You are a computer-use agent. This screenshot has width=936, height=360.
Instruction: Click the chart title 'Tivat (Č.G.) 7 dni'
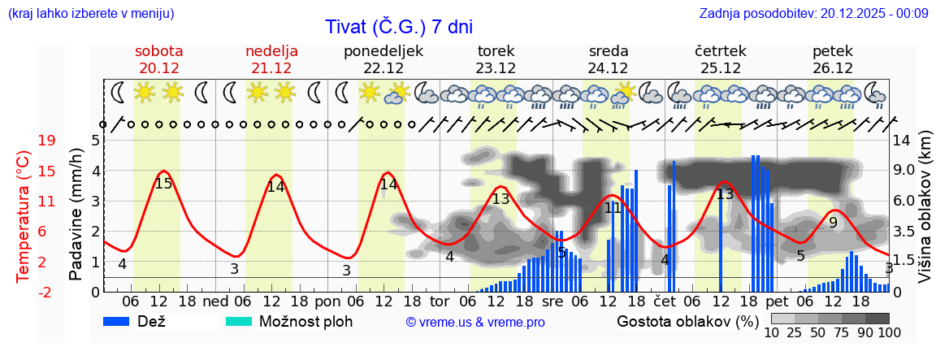pos(398,26)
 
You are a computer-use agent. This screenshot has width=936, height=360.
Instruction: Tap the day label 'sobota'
pos(159,51)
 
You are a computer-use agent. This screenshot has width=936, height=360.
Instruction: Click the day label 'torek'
pos(496,51)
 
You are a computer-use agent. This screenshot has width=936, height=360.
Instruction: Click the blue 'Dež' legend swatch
pos(122,321)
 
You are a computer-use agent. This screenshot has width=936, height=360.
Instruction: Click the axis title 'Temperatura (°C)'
pos(24,216)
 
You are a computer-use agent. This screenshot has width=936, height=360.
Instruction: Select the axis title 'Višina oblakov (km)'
pos(924,215)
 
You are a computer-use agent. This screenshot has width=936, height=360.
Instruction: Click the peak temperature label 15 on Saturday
pos(163,184)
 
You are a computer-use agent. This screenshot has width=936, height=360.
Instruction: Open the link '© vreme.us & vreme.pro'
pos(474,322)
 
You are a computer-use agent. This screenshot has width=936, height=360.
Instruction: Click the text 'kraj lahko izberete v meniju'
pos(90,13)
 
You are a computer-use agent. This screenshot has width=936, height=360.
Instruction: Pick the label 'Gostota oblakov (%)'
pos(687,321)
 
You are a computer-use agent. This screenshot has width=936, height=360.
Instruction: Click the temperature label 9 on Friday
pos(833,222)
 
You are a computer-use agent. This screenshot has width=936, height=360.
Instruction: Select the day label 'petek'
pos(833,51)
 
